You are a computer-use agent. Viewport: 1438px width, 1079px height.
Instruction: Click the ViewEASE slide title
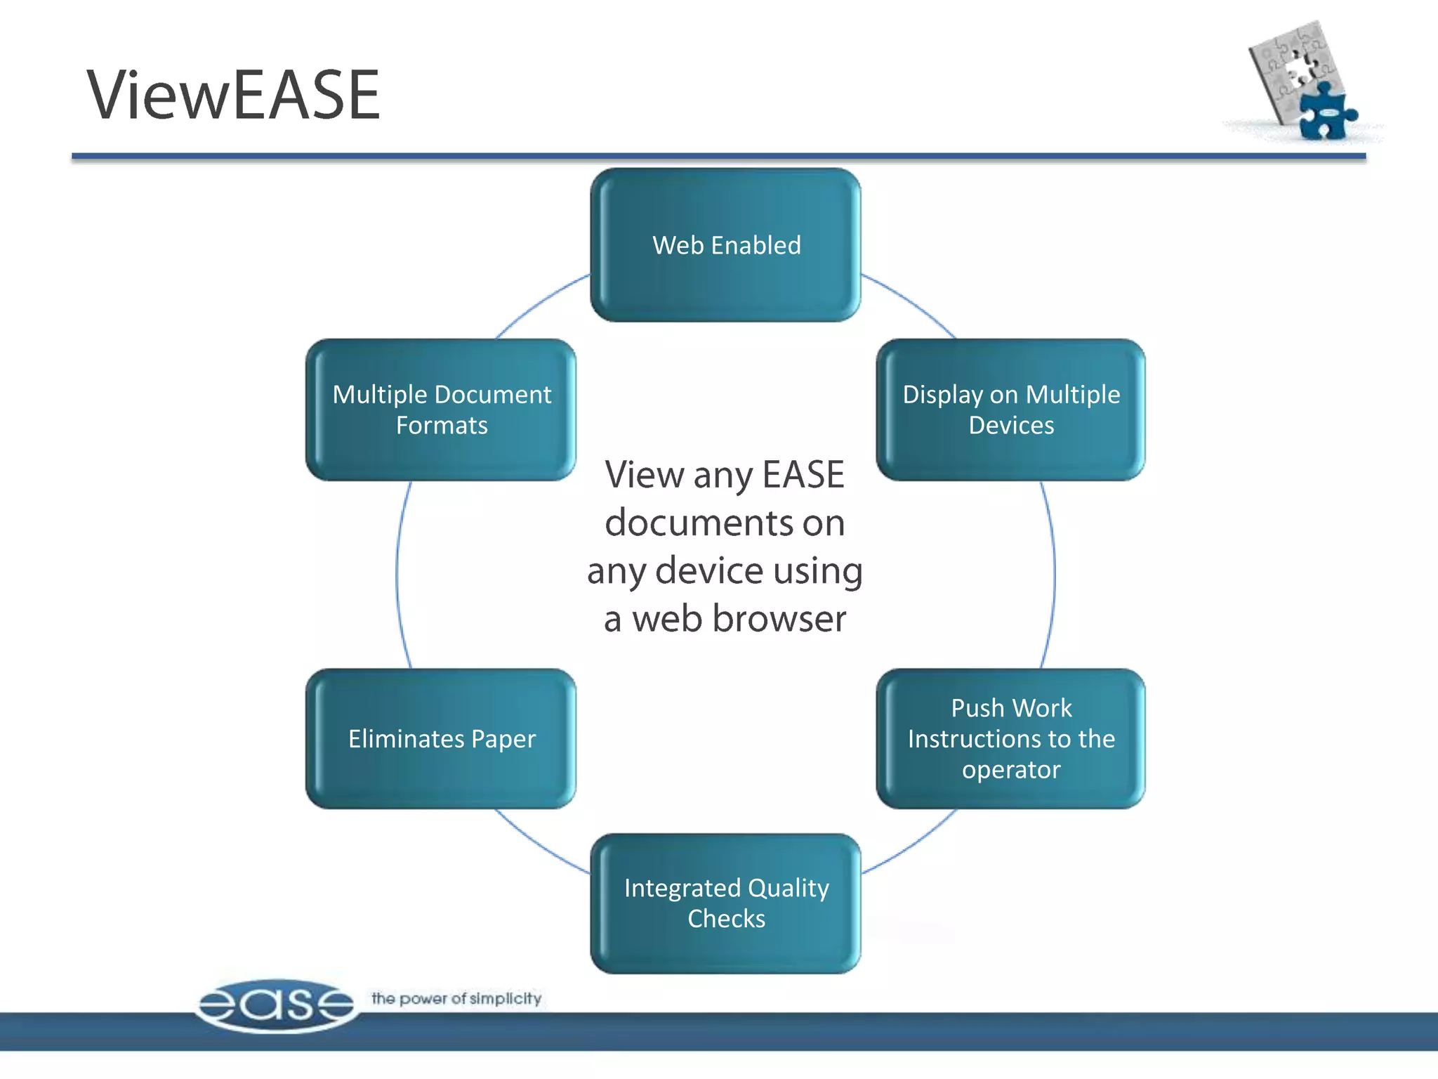point(233,95)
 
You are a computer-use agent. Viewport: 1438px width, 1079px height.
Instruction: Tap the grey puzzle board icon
point(1288,67)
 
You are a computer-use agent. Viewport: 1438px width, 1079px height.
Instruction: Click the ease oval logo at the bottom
point(276,1005)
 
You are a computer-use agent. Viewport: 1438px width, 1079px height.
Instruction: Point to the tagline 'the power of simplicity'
point(456,998)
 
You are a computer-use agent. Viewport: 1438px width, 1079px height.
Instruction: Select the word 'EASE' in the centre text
point(803,475)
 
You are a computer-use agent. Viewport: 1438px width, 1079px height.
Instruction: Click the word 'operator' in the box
point(1011,770)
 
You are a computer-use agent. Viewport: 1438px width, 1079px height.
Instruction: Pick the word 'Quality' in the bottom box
point(789,889)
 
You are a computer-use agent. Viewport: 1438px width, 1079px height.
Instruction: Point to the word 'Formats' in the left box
point(442,426)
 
